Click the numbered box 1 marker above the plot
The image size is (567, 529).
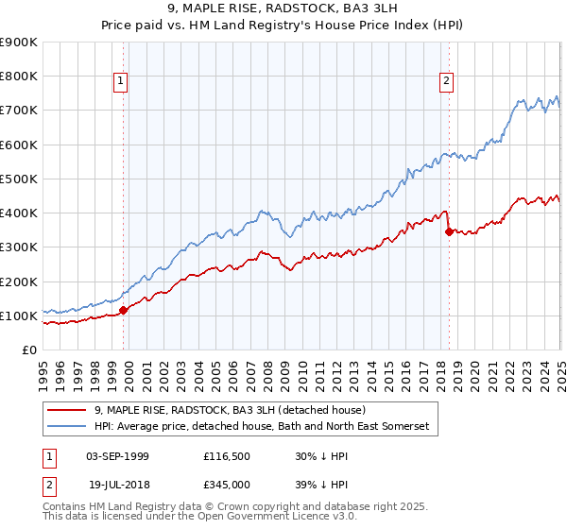coord(122,82)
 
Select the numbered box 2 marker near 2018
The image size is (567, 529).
coord(446,82)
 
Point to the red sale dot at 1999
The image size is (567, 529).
coord(123,310)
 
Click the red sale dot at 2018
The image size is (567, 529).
coord(448,231)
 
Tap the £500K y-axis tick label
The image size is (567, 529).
coord(19,179)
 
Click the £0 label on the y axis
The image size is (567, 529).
coord(29,350)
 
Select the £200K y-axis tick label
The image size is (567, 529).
coord(19,282)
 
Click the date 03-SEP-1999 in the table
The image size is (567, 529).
coord(117,455)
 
